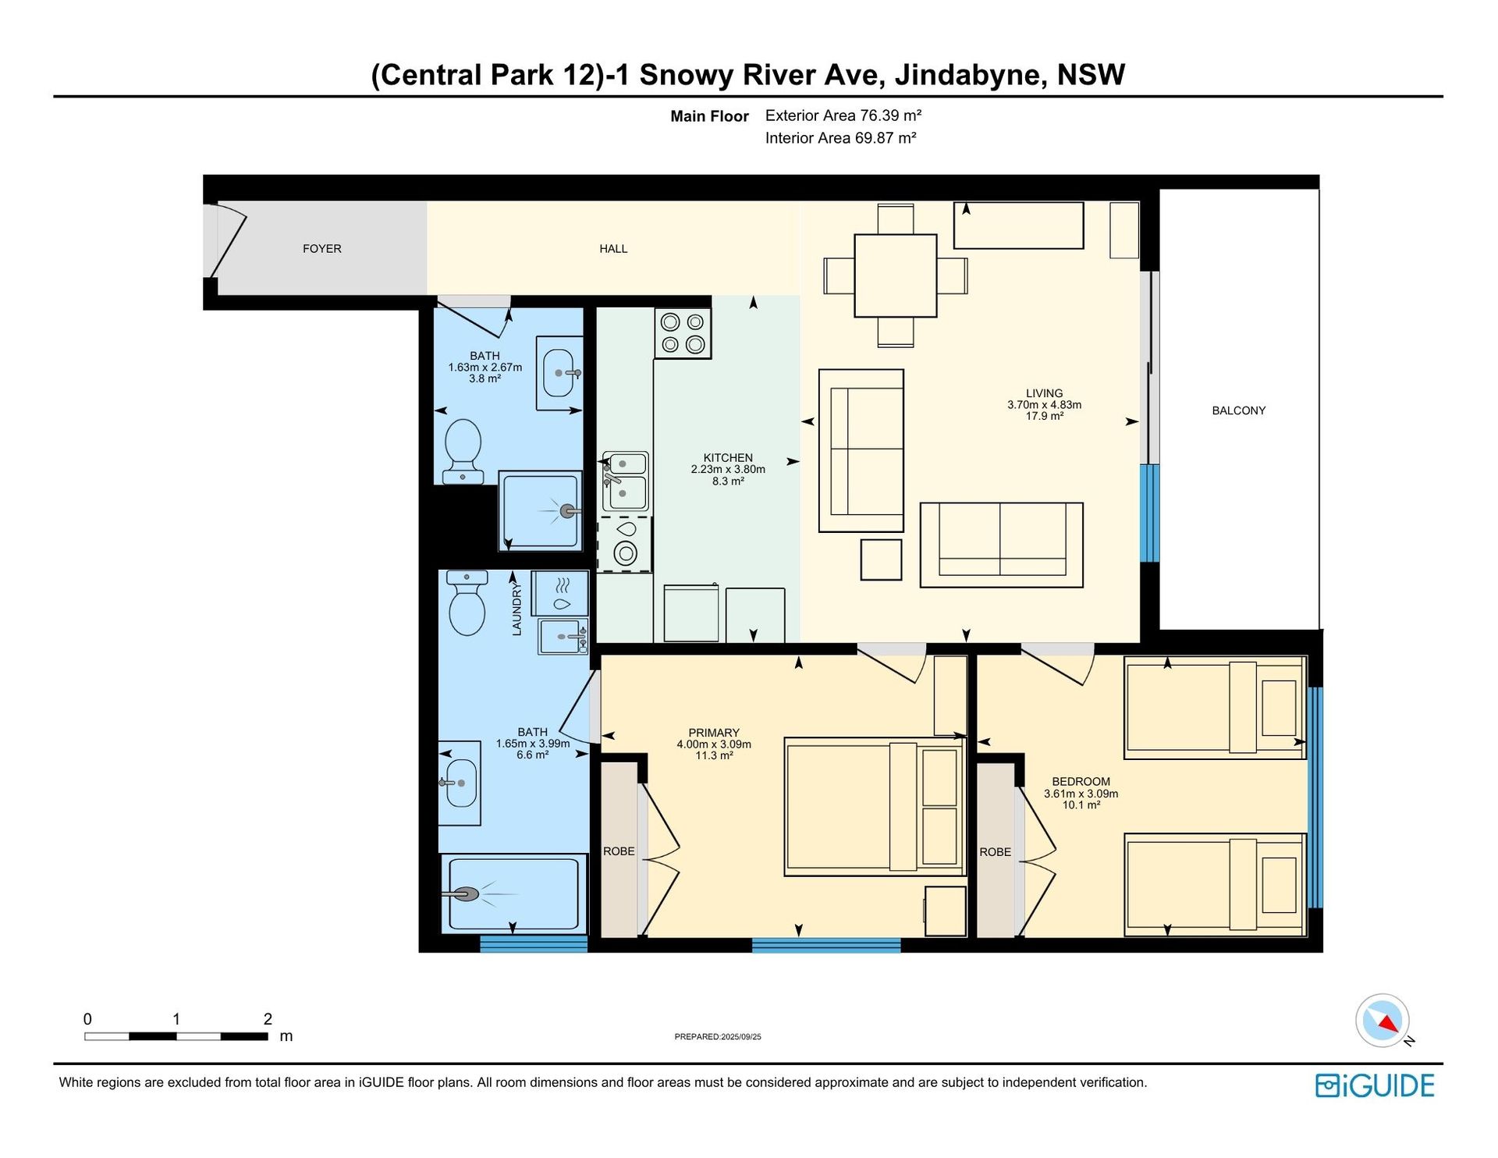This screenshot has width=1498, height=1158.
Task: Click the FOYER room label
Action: [321, 249]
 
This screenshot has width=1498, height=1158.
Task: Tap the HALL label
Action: [613, 249]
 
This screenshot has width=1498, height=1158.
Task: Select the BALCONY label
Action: [1238, 410]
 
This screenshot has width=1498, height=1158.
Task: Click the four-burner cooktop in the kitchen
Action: [683, 333]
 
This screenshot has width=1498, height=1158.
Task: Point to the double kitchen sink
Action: [625, 481]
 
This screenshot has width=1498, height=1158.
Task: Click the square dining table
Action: [895, 275]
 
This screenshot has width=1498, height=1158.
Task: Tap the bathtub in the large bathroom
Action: [513, 893]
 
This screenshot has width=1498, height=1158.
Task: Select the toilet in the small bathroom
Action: [463, 451]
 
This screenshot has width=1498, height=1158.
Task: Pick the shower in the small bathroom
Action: [540, 510]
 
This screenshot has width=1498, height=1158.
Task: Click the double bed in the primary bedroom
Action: [874, 807]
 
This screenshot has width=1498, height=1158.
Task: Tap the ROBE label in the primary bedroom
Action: [619, 851]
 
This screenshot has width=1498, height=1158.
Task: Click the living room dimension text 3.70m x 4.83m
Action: [1044, 405]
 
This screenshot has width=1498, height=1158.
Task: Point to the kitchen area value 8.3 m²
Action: [728, 481]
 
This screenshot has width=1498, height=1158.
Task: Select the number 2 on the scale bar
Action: [268, 1018]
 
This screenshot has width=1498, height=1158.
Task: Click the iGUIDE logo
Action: [1375, 1085]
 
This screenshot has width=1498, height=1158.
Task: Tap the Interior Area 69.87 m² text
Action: [840, 138]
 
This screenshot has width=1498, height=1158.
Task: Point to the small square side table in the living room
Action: [881, 559]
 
